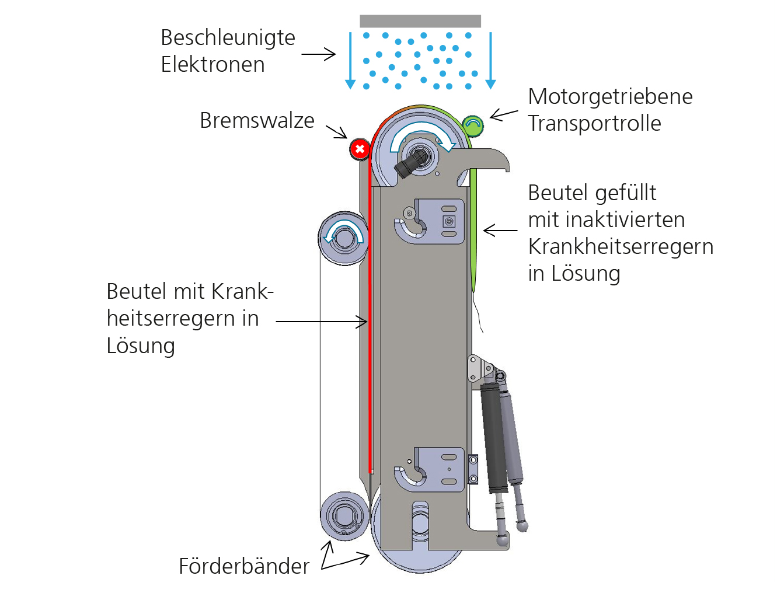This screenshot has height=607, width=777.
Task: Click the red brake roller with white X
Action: point(360,149)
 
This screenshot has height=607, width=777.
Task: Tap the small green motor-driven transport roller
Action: point(473,125)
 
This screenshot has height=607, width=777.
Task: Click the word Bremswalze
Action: point(257,120)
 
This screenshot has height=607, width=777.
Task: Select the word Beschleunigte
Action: point(228,38)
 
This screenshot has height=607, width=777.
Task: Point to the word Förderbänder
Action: point(244,566)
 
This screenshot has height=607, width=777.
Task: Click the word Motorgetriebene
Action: point(611,97)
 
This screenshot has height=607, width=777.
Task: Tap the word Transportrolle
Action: point(594,124)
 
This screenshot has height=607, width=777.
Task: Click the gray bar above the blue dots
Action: point(420,21)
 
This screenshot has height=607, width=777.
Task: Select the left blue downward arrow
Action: point(350,61)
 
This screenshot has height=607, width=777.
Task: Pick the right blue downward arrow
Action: point(490,61)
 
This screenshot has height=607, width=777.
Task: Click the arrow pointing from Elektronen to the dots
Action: point(319,54)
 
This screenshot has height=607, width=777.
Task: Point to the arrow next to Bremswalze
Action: point(336,131)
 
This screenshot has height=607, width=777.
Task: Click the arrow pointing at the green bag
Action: point(500,230)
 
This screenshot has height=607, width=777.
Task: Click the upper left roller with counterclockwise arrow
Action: point(344,238)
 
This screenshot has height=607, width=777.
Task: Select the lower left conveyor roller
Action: point(344,516)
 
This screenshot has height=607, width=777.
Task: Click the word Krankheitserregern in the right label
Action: point(621,247)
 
